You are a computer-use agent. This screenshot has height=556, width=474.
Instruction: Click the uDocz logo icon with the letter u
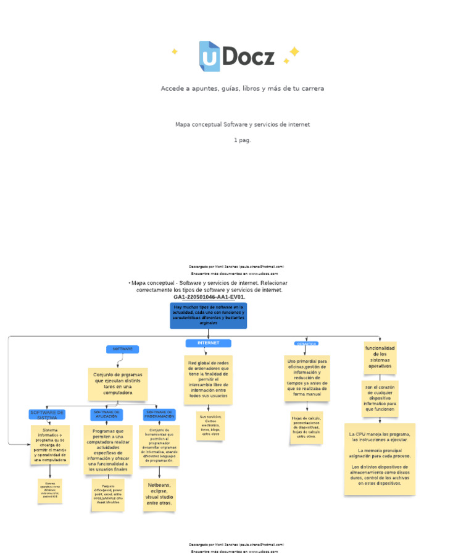(x=209, y=56)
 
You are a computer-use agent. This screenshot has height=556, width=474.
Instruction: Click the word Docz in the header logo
(x=248, y=57)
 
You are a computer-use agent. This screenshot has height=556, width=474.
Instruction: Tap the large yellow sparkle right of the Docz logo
(x=294, y=51)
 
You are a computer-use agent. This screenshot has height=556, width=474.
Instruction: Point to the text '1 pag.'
(x=242, y=140)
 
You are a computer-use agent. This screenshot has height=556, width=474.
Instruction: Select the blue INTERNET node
(x=208, y=343)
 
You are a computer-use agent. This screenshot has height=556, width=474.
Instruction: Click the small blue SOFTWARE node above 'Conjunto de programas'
(x=122, y=349)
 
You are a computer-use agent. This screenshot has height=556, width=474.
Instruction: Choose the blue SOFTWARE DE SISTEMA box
(x=47, y=415)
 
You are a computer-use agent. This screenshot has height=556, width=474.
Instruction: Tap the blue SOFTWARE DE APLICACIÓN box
(x=106, y=415)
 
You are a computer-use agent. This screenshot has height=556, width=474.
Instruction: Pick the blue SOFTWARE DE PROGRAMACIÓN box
(x=159, y=415)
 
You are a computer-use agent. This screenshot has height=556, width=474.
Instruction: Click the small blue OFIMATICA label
(x=306, y=343)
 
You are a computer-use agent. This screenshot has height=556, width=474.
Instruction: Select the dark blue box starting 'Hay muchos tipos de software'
(x=208, y=315)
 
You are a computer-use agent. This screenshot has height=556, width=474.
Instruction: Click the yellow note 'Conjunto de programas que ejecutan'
(x=117, y=384)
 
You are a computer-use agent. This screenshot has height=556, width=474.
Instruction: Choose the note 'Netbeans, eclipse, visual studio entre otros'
(x=159, y=494)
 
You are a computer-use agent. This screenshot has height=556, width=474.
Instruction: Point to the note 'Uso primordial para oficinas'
(x=307, y=377)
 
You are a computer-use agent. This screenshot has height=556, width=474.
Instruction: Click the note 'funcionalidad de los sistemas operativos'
(x=380, y=358)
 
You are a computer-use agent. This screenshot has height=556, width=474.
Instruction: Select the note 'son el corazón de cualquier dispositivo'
(x=380, y=398)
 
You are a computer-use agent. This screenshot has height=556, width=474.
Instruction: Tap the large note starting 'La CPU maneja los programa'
(x=380, y=458)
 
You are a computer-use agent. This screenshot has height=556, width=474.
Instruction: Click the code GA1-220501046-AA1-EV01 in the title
(x=209, y=297)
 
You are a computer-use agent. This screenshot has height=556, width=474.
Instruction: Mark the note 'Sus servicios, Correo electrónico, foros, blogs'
(x=210, y=426)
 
